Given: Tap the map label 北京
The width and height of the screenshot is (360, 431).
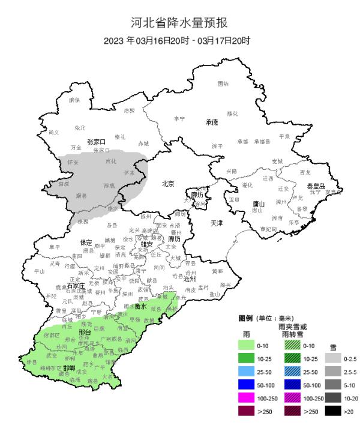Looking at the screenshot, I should pos(169,184).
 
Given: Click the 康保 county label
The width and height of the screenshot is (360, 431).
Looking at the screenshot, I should pos(74,100).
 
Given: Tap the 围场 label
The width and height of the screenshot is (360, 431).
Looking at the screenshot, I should pos(223,83).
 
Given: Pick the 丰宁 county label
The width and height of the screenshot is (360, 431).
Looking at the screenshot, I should pos(179,119).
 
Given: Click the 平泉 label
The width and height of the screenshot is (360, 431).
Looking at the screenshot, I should pos(284,136).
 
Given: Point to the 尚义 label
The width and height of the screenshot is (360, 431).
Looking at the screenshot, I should pos(54,132).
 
